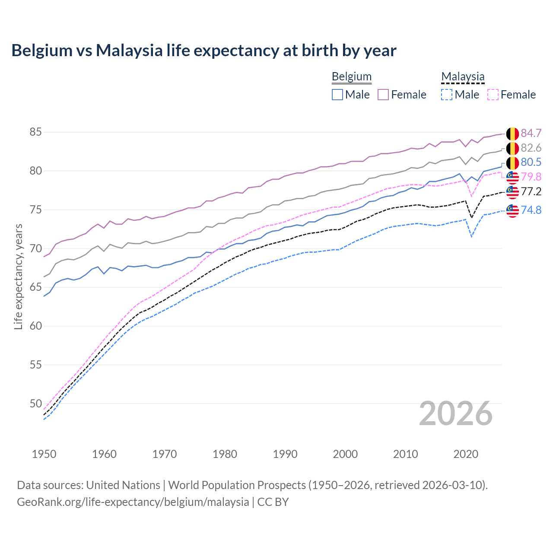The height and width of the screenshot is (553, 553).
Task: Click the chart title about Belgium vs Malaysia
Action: (203, 51)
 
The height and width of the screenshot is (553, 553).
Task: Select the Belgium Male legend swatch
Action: (337, 95)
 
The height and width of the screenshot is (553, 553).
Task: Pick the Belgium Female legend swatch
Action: (383, 95)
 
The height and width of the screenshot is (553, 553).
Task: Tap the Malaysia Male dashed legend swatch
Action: (447, 95)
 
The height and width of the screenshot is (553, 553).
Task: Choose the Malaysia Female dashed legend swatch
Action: (493, 95)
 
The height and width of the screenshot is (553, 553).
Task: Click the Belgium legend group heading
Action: (351, 76)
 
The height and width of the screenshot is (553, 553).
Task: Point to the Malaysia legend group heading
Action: (463, 76)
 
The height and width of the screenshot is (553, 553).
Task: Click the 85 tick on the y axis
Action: (35, 132)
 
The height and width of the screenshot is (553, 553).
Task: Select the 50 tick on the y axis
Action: (35, 404)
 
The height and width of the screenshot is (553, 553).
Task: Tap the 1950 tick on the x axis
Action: (44, 454)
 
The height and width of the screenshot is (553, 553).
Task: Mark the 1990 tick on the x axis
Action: (285, 454)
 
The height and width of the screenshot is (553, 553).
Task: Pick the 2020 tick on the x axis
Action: (466, 454)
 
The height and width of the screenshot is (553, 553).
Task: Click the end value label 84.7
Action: (531, 133)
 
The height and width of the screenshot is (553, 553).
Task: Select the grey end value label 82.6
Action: (531, 148)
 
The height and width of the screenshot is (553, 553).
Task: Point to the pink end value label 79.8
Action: (531, 177)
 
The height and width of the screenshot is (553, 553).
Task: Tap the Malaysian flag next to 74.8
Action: (512, 210)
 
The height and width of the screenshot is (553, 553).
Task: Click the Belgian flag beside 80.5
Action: (512, 163)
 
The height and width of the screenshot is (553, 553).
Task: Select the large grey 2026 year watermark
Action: (456, 413)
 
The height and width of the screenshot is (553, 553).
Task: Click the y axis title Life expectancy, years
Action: (18, 276)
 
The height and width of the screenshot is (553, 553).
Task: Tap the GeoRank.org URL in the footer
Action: (133, 502)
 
